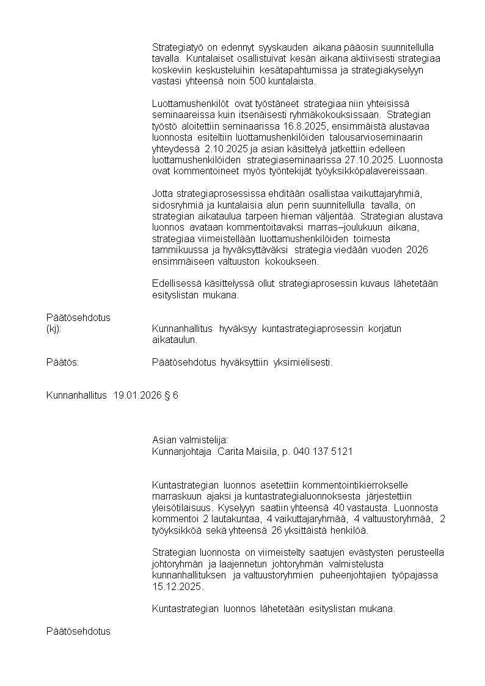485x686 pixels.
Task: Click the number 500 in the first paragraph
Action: click(x=256, y=81)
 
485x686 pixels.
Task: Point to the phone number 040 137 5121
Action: click(x=323, y=451)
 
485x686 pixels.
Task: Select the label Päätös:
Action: click(x=63, y=362)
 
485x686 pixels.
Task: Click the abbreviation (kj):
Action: click(x=54, y=329)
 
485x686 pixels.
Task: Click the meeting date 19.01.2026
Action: click(x=137, y=396)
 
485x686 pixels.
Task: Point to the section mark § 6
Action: click(x=171, y=396)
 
